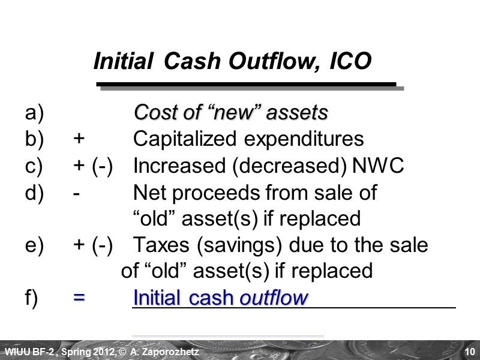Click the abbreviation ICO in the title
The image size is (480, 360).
[x=350, y=61]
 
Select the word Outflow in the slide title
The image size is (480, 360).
[x=278, y=61]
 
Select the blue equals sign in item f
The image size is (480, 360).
[x=79, y=298]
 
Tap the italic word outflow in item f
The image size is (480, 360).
[x=274, y=298]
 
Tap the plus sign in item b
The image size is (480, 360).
[x=79, y=140]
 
